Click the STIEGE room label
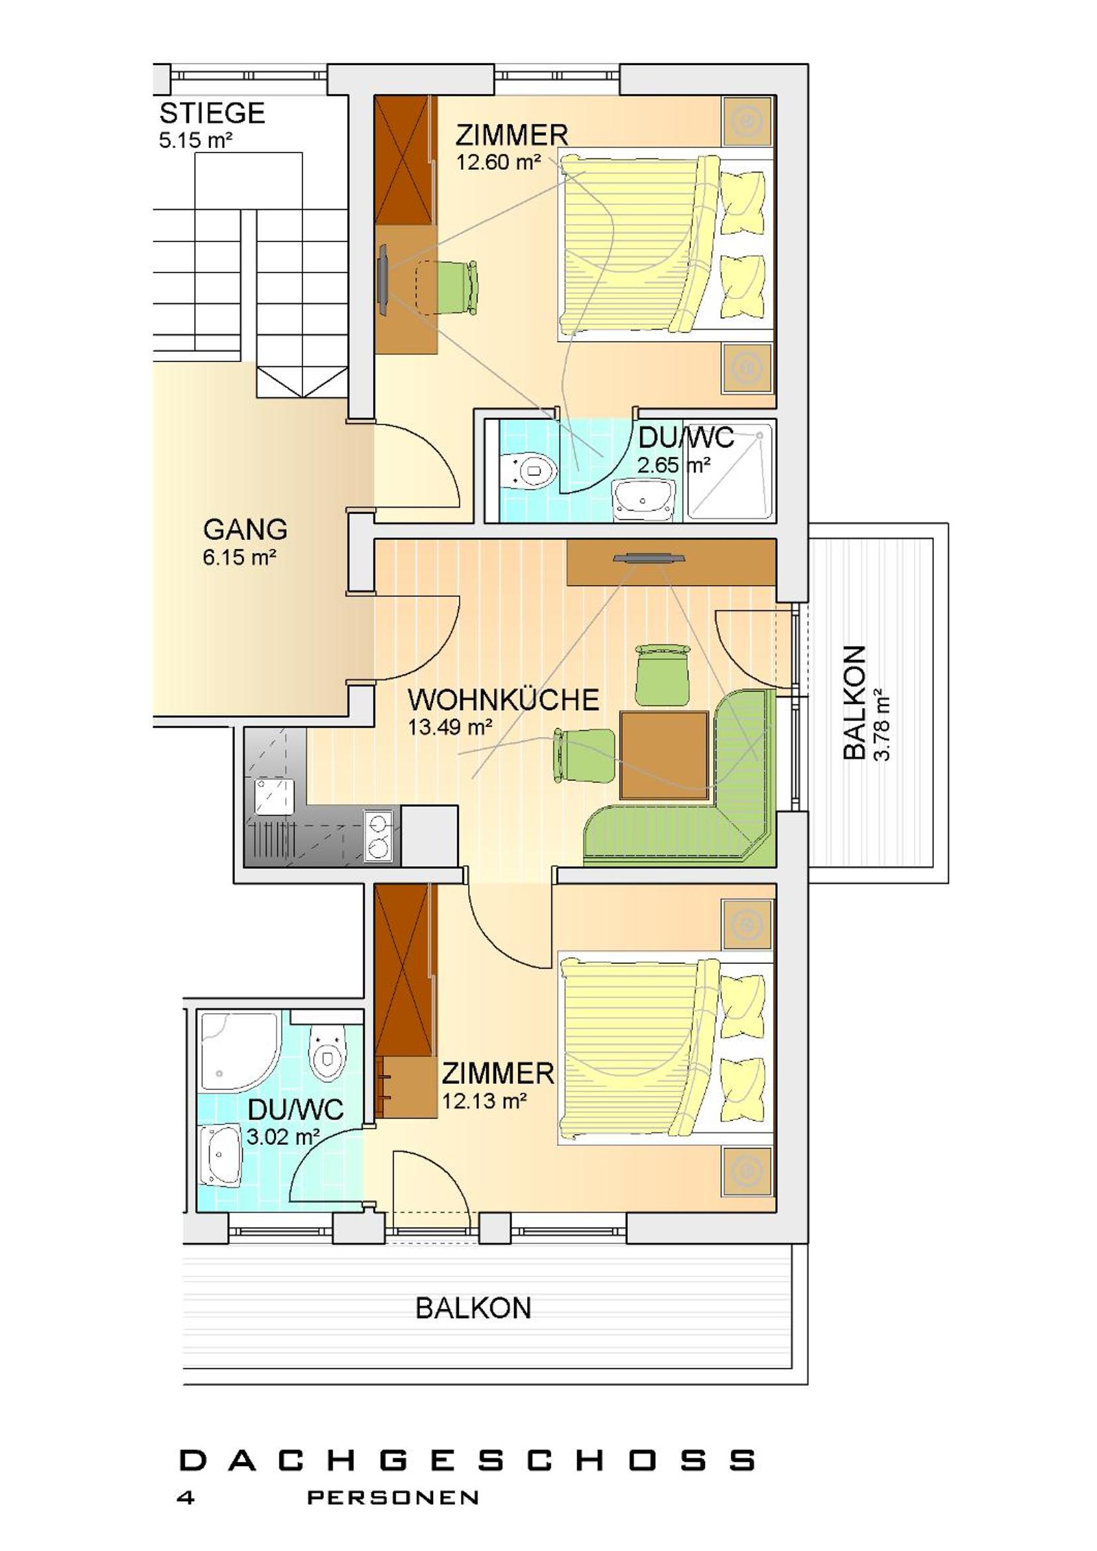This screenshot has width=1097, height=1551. [x=212, y=113]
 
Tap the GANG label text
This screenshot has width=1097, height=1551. [x=245, y=529]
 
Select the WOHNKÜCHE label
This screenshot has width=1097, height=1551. [x=503, y=700]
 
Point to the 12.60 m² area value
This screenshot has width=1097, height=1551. [x=499, y=162]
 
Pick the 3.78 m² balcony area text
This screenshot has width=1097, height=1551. [x=882, y=724]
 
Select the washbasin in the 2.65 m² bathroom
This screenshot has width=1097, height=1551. [x=645, y=500]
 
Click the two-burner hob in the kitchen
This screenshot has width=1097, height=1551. [x=379, y=836]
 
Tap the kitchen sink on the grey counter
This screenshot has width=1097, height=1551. [x=275, y=798]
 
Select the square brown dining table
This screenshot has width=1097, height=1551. [x=664, y=754]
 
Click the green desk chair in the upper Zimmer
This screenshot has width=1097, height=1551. [x=454, y=287]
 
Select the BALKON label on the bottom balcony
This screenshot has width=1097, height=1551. [x=474, y=1308]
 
